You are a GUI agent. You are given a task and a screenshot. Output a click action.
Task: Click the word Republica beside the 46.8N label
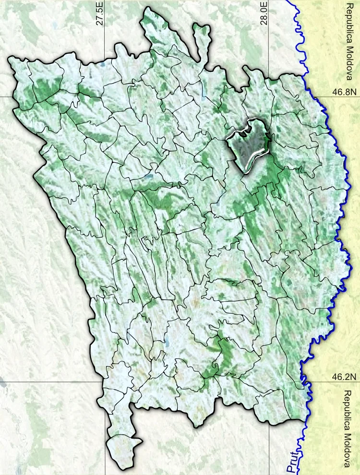(349, 23)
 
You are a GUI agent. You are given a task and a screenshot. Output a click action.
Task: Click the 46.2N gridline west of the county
(48, 382)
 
